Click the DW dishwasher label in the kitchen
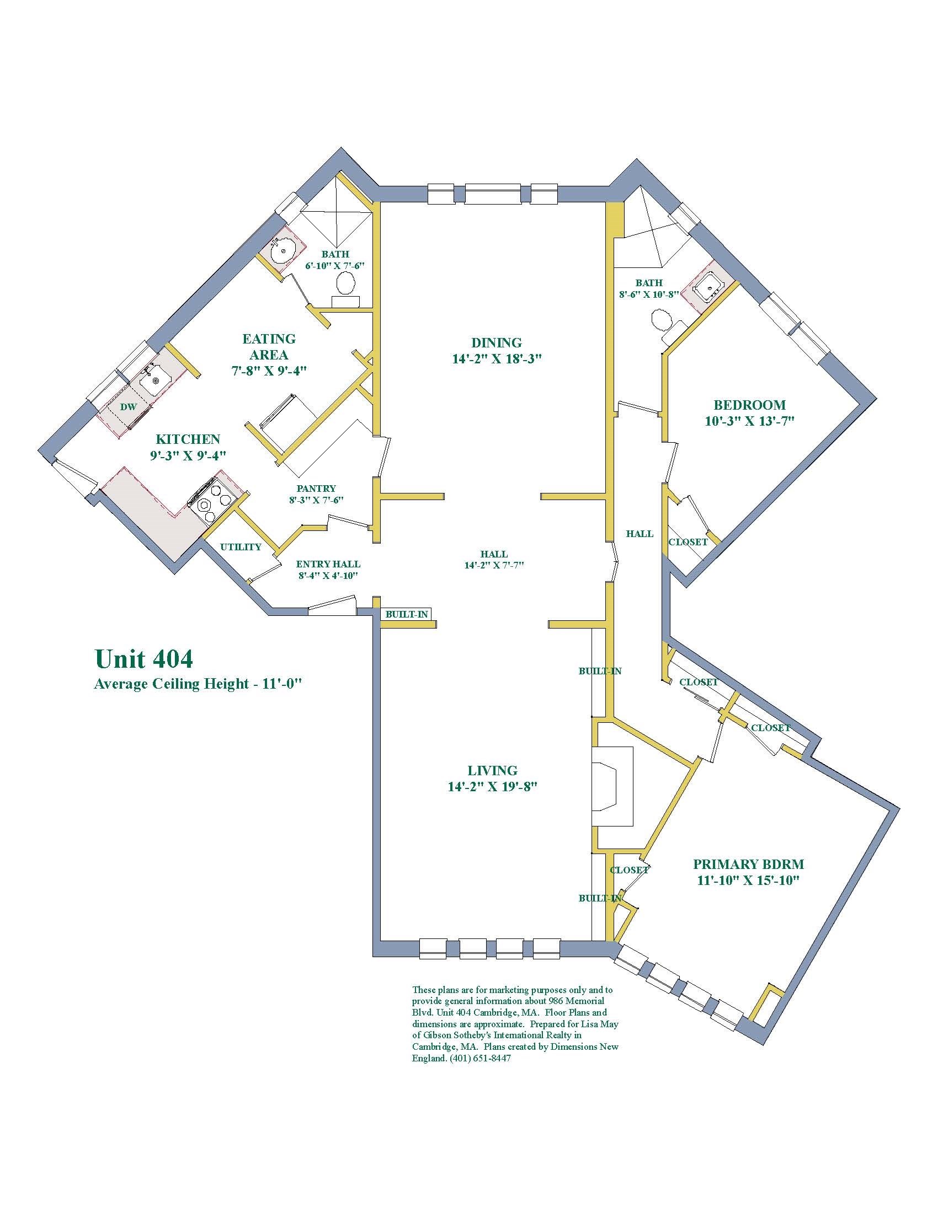129,407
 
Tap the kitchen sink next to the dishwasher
154,380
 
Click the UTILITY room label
241,547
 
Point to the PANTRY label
316,489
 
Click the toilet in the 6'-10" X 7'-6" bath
346,285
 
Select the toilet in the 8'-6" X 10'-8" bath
660,321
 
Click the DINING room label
496,343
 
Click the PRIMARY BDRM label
748,864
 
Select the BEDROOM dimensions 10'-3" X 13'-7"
750,421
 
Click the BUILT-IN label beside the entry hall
407,614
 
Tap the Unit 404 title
144,659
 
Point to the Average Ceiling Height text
198,684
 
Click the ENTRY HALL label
327,563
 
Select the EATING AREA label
269,347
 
